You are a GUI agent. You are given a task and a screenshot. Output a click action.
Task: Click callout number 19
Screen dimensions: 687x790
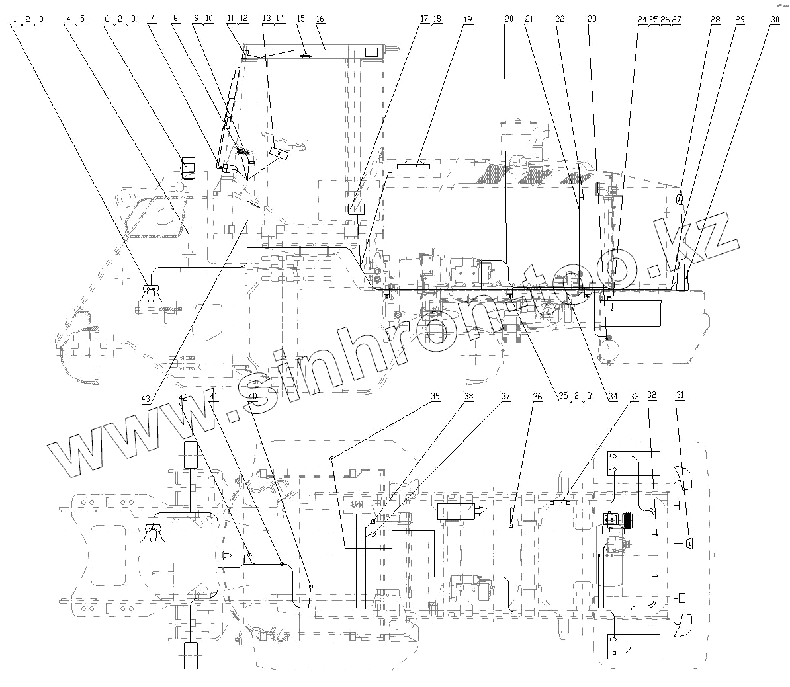(x=467, y=20)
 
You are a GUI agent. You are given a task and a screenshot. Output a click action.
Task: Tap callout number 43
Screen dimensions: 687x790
(x=145, y=398)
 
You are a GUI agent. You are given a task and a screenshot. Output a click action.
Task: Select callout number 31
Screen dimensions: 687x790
(x=680, y=395)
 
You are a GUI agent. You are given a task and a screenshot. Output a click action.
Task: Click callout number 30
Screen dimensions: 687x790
(x=775, y=20)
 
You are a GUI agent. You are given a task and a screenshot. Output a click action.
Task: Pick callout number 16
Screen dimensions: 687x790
(x=320, y=20)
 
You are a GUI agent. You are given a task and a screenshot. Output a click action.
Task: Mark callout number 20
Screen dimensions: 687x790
(x=508, y=20)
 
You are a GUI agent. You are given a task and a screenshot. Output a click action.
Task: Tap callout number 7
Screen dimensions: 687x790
(x=152, y=20)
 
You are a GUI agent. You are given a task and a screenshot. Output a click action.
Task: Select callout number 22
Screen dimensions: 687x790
(x=560, y=20)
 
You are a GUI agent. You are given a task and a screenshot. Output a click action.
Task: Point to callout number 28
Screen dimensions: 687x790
(x=715, y=20)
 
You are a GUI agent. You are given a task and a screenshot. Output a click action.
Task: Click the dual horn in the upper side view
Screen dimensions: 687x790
(x=152, y=294)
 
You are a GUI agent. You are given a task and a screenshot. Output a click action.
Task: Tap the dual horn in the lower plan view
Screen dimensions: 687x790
(x=154, y=533)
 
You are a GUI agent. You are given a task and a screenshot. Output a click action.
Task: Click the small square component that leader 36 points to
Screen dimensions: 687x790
(x=511, y=525)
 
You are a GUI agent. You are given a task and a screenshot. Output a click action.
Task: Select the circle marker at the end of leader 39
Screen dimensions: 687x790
(x=331, y=457)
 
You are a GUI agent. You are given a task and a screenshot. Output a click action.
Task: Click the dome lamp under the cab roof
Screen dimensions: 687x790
(x=305, y=56)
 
